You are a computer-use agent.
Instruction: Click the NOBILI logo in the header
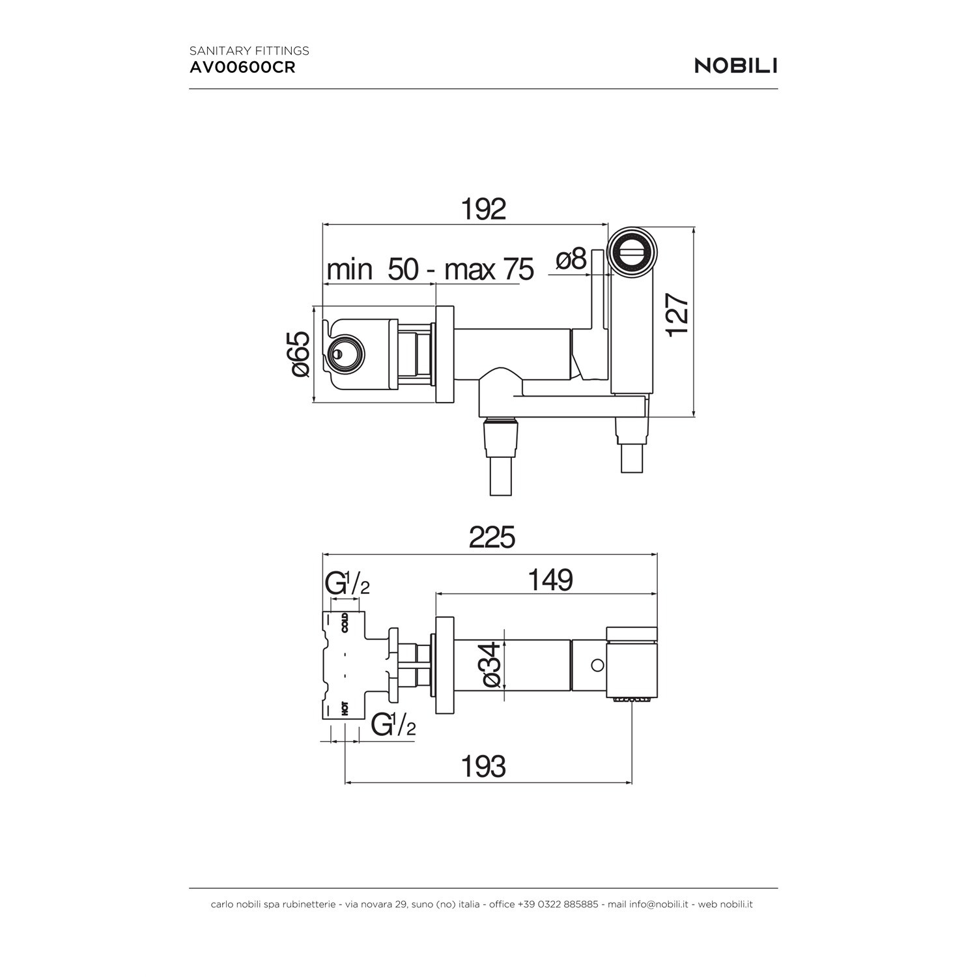(x=736, y=66)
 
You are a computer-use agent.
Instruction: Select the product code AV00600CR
(x=242, y=68)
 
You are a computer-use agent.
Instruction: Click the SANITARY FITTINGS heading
(x=249, y=50)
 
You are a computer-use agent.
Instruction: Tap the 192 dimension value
(x=483, y=208)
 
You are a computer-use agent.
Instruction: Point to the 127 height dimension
(x=677, y=315)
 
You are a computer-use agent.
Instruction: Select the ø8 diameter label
(x=572, y=259)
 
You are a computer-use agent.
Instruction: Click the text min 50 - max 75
(x=430, y=269)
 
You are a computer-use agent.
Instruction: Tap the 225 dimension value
(x=492, y=537)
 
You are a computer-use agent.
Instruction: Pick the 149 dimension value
(x=550, y=579)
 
